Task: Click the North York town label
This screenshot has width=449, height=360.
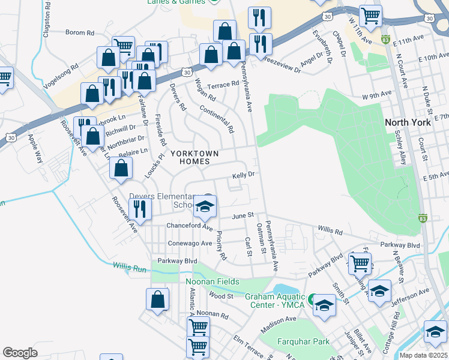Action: tap(408, 122)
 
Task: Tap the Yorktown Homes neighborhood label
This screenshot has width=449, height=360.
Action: tap(190, 158)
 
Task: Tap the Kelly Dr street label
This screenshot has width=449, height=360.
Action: tap(244, 175)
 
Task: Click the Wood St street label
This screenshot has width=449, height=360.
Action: tap(221, 296)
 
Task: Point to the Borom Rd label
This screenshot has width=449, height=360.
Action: tap(80, 32)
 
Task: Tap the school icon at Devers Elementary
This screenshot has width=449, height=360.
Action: tap(205, 208)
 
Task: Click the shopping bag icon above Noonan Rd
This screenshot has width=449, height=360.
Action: tap(157, 300)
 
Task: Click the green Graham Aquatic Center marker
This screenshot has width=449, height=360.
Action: tap(312, 298)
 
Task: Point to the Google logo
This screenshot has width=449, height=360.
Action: tap(20, 353)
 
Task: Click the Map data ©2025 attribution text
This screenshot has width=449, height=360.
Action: tap(423, 355)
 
